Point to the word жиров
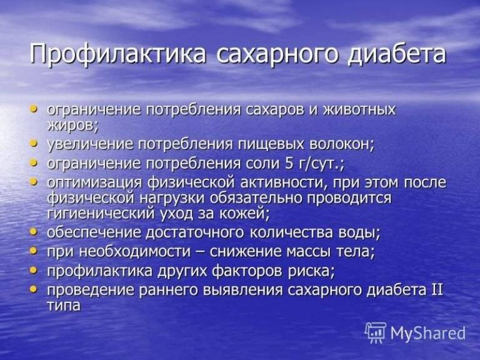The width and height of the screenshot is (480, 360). (72, 124)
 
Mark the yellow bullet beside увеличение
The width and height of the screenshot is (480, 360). (34, 144)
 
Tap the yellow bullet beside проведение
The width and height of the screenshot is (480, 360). (34, 289)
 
